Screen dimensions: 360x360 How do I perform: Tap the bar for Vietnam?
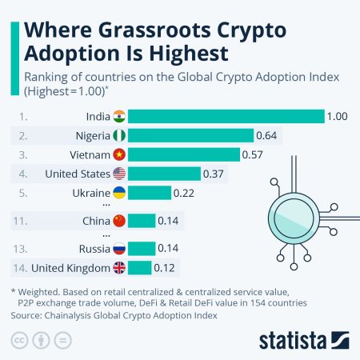coord(183,154)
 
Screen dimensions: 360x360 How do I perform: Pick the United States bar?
coord(163,174)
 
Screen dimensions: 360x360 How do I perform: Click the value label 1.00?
coord(337,117)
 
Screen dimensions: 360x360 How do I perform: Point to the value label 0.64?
coord(266,135)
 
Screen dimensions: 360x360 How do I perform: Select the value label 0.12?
coord(166,268)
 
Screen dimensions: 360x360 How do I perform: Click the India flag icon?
coord(119,117)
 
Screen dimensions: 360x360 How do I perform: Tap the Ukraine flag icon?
coord(119,193)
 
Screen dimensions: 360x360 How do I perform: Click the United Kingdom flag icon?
coord(119,268)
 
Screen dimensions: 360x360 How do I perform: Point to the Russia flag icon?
coord(119,249)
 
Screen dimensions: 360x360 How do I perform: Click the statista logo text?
coord(297,341)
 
